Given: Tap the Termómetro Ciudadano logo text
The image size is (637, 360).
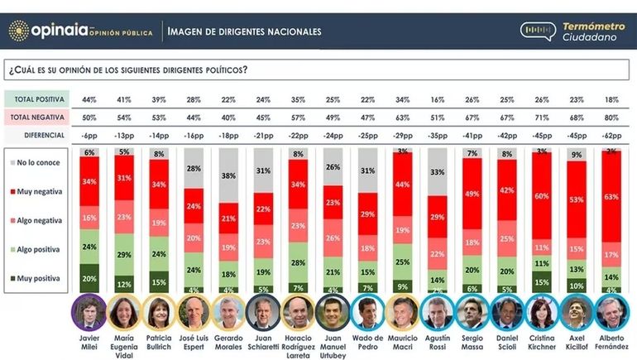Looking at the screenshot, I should tap(591, 31).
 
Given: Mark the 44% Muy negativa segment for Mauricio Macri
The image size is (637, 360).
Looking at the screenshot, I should tap(403, 185).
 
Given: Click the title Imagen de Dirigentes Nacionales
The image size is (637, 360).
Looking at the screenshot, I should tap(244, 31).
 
